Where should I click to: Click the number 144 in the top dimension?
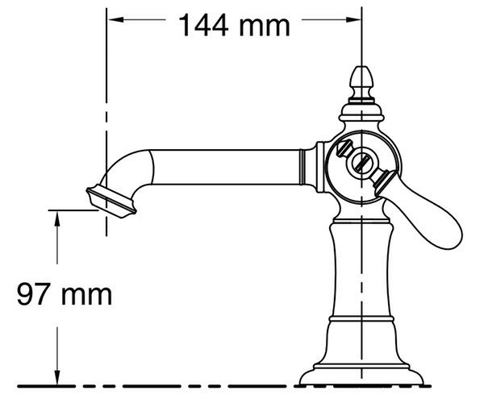203,25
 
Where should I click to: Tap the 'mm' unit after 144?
265,27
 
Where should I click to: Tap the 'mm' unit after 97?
87,296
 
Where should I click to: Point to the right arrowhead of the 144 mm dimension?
353,19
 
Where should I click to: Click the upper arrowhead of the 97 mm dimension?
57,219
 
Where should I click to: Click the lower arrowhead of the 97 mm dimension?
57,376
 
